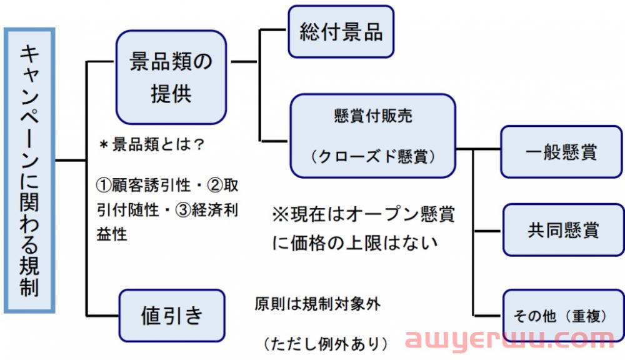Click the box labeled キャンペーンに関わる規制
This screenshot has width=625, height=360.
[29, 170]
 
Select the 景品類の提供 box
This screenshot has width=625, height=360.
[171, 77]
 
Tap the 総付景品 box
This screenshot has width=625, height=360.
[341, 32]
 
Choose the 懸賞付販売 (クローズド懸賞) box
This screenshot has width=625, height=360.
[372, 136]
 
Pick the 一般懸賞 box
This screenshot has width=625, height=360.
[562, 152]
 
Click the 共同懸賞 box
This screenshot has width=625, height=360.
[562, 230]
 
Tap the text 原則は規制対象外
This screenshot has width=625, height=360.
[317, 304]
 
